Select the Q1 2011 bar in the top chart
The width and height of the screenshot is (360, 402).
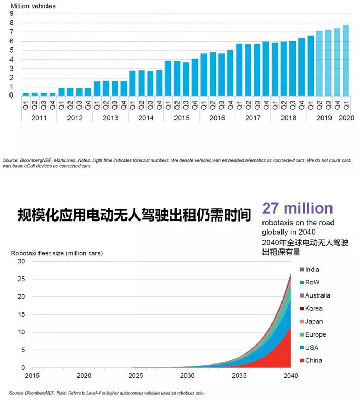[x=25, y=93]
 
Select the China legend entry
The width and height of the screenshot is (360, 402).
[x=313, y=361]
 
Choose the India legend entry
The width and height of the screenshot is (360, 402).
[x=312, y=270]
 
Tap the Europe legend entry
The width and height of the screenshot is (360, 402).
[x=315, y=334]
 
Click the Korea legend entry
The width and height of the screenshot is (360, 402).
[x=314, y=309]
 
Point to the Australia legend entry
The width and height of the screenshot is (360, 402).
[x=317, y=295]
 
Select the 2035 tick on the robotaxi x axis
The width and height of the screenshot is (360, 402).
[x=239, y=376]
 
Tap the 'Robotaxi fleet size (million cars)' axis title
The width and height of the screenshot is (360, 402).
[x=56, y=253]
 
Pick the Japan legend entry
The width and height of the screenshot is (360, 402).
[x=314, y=322]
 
